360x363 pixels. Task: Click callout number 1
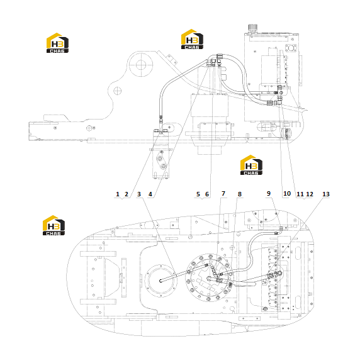[118, 194]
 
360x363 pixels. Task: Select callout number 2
[127, 194]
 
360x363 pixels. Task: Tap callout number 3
[138, 194]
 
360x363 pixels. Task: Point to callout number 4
[150, 194]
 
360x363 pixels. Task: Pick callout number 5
[198, 194]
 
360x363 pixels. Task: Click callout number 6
[207, 194]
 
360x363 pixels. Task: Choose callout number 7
[223, 194]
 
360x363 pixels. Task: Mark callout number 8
[240, 194]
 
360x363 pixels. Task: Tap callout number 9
[269, 194]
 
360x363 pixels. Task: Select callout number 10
[287, 194]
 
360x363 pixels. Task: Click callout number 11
[300, 194]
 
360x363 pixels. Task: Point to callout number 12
[310, 194]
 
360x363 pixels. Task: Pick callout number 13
[326, 194]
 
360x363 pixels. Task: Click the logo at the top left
[57, 43]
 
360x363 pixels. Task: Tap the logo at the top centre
[192, 39]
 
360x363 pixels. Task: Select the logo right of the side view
[251, 165]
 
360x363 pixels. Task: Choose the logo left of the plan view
[53, 225]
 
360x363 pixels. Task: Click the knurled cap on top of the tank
[252, 28]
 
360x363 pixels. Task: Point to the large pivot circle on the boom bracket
[141, 65]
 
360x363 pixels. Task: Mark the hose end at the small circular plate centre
[160, 281]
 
